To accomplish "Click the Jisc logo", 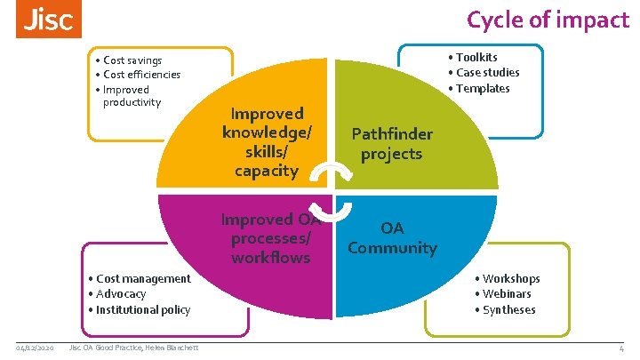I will (x=48, y=20).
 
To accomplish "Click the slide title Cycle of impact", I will (x=547, y=20).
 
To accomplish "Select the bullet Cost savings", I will (x=132, y=60).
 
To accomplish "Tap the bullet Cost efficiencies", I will (x=141, y=75).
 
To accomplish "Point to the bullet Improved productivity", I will (x=132, y=95).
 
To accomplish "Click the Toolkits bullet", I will (x=477, y=58).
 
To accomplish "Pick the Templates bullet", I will (x=483, y=88).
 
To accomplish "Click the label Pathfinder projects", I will (x=392, y=144).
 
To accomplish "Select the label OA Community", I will (x=392, y=237).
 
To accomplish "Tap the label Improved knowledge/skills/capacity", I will (x=267, y=142).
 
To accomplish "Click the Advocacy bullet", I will (x=121, y=293).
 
